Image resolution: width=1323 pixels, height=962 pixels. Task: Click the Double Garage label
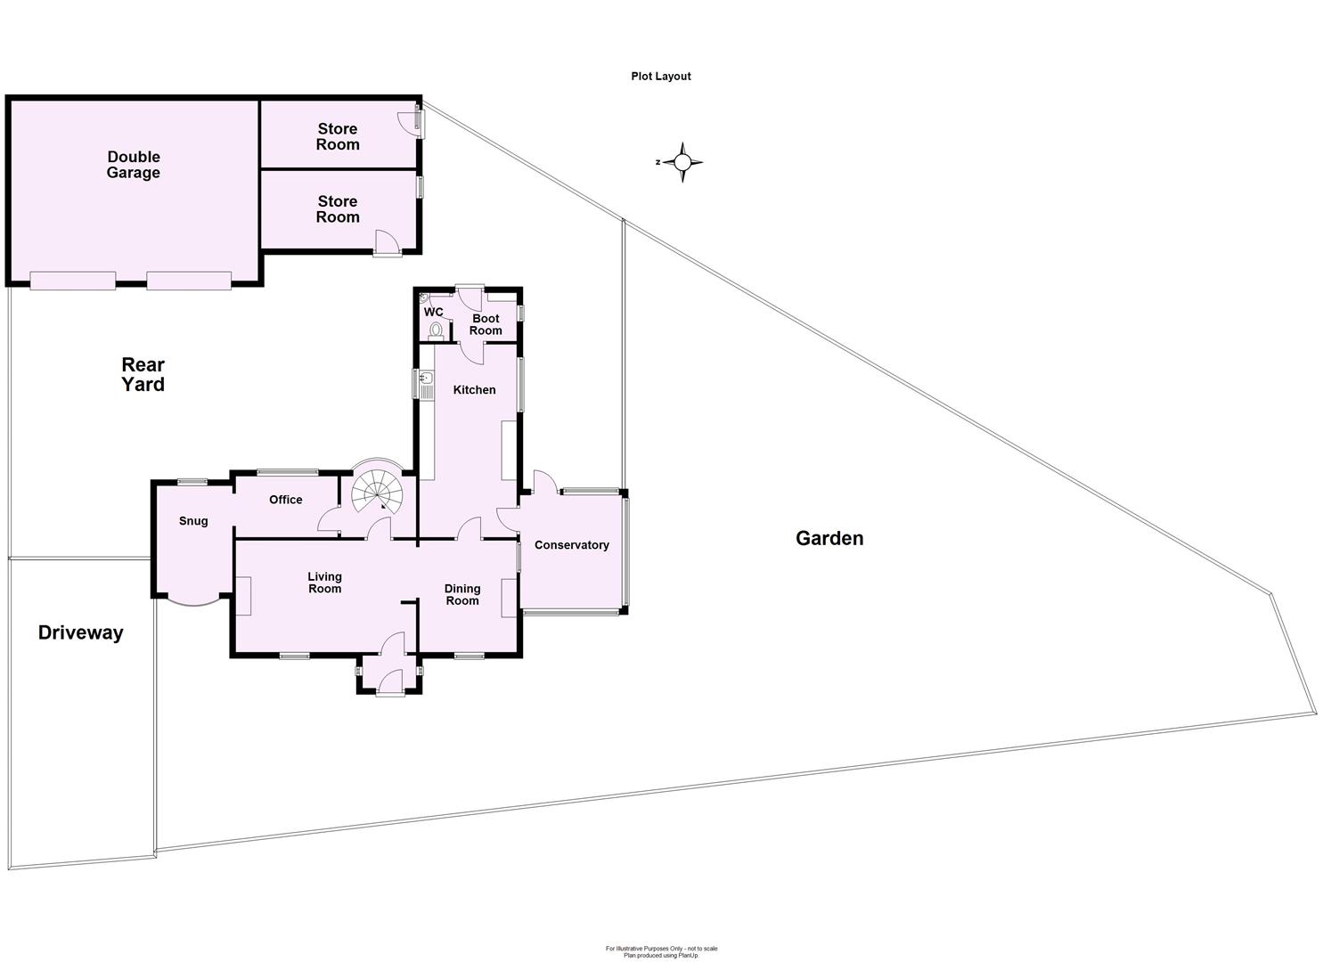click(x=134, y=165)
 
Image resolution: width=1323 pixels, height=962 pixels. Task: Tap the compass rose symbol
click(x=682, y=162)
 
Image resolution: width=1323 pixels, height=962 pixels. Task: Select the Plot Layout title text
click(x=661, y=77)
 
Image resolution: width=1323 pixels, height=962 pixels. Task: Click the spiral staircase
click(x=376, y=491)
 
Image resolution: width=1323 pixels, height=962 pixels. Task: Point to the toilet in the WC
click(x=435, y=331)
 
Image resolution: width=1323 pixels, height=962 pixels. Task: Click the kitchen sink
click(x=425, y=384)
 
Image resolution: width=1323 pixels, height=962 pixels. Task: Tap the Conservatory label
click(x=572, y=545)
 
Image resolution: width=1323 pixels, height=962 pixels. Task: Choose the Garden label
click(x=829, y=538)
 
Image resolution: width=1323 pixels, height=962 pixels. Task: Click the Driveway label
click(x=80, y=632)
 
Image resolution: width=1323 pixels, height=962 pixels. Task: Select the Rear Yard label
click(x=143, y=374)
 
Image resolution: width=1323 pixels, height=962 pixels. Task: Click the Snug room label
click(x=193, y=521)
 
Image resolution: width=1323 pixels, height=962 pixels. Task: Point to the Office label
click(x=286, y=500)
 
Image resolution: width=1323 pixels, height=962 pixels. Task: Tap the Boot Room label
click(x=486, y=324)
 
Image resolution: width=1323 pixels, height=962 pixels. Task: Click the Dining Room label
click(x=462, y=594)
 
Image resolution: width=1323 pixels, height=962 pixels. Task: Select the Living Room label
click(x=325, y=583)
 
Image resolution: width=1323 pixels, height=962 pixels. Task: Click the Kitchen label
click(x=475, y=389)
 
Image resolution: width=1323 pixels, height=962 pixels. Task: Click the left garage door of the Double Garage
click(x=73, y=280)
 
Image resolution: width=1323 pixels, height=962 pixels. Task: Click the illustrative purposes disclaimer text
click(x=661, y=951)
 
